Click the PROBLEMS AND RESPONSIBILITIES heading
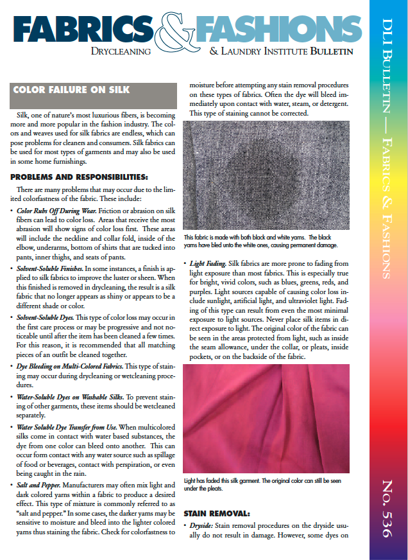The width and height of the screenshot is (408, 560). click(79, 177)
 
